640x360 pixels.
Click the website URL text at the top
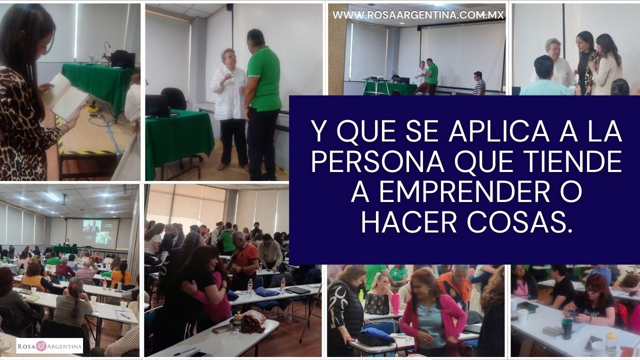[418, 14]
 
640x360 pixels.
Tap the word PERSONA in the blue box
[377, 161]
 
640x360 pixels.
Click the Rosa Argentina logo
[49, 346]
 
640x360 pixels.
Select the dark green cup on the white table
[566, 328]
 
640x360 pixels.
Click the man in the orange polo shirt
[245, 263]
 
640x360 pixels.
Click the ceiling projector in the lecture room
[64, 199]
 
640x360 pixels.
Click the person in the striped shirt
[479, 83]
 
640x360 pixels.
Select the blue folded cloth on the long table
[266, 291]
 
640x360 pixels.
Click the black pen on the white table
[184, 351]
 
